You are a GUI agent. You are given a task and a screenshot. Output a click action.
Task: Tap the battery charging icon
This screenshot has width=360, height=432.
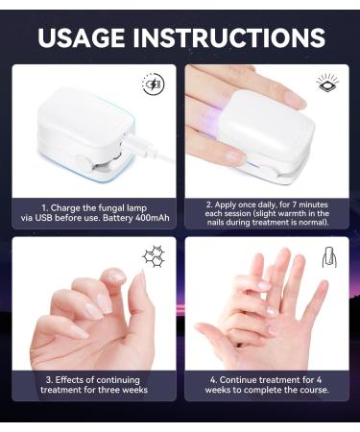point(152,84)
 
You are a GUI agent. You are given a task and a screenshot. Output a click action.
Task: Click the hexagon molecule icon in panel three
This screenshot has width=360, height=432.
point(152,256)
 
